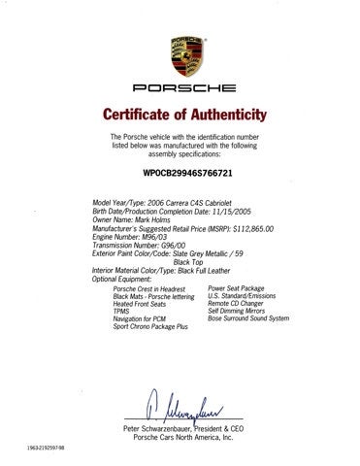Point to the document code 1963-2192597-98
[x=36, y=449]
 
